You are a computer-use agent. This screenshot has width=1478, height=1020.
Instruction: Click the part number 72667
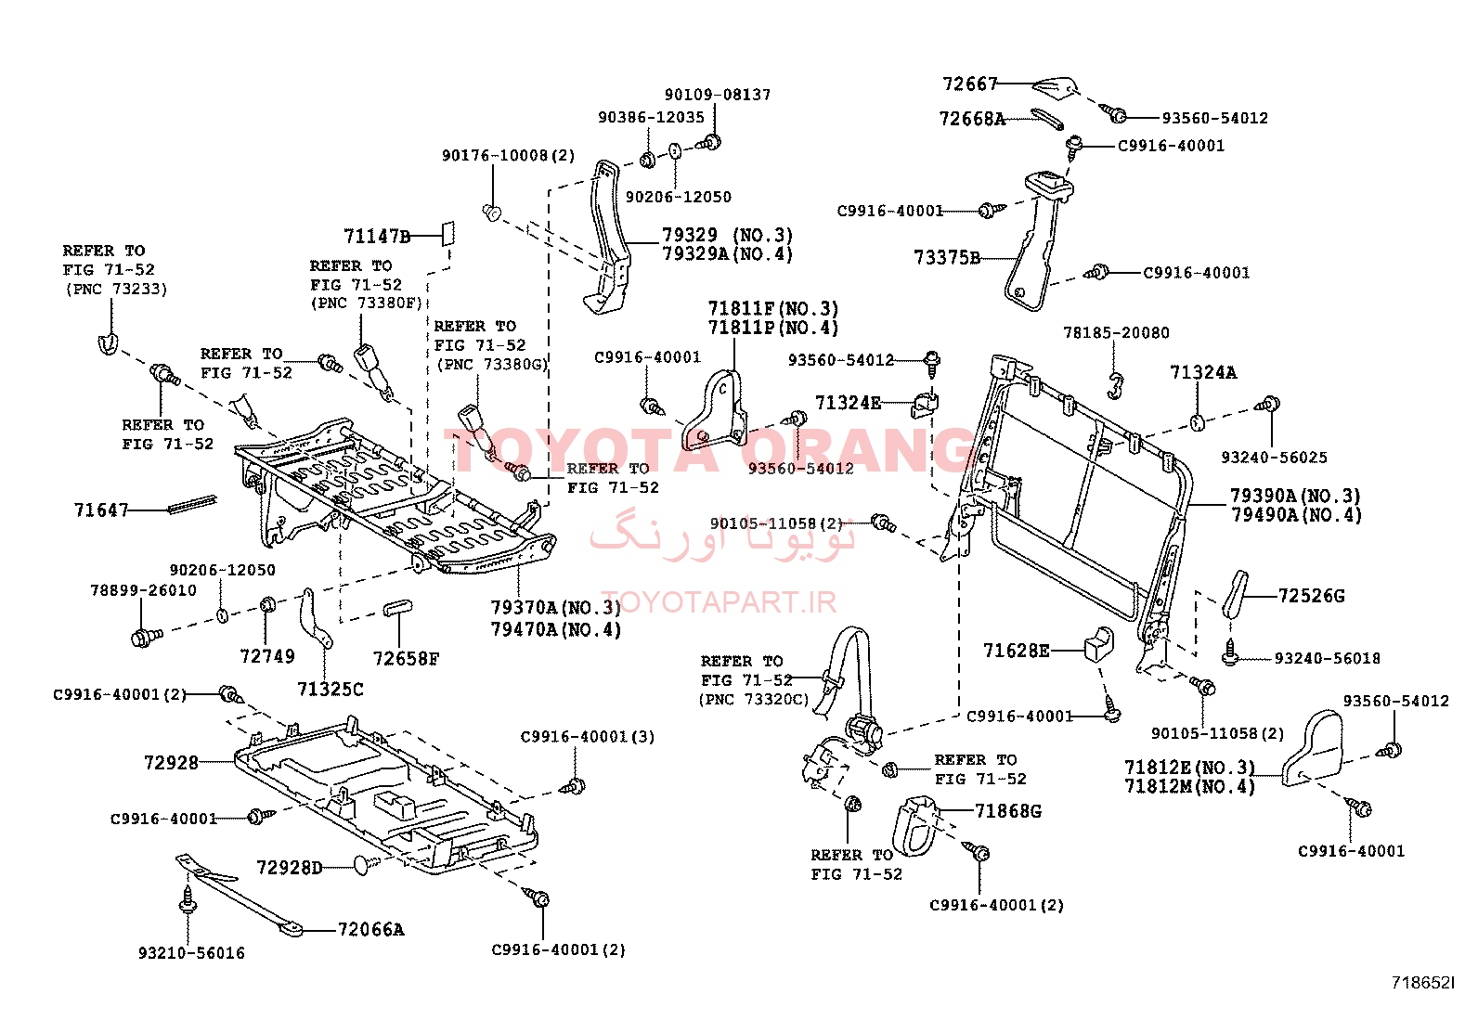(x=969, y=84)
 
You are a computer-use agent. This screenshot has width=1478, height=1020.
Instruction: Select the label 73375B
(x=946, y=258)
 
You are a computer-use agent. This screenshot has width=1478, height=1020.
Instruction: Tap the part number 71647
(x=100, y=510)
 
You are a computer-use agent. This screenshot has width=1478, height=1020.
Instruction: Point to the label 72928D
(x=289, y=869)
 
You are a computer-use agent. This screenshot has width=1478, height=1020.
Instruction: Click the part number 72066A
(x=370, y=930)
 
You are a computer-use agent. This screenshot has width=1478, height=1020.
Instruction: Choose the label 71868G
(x=1008, y=811)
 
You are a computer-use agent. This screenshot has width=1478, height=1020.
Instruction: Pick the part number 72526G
(x=1311, y=596)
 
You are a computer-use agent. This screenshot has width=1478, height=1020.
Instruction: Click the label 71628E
(x=1016, y=651)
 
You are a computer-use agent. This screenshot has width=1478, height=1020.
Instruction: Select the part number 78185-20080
(x=1116, y=333)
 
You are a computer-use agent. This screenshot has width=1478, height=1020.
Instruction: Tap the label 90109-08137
(x=717, y=95)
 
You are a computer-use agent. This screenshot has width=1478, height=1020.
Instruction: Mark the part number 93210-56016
(x=191, y=953)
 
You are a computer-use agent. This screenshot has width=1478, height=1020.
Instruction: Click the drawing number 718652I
(x=1422, y=982)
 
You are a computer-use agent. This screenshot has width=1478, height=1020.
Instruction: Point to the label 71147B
(x=376, y=237)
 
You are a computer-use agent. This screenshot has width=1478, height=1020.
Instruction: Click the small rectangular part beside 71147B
(x=447, y=230)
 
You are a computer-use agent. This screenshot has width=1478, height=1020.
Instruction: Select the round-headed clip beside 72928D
(x=365, y=866)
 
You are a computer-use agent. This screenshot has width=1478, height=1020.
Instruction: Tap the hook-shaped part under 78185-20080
(x=1117, y=383)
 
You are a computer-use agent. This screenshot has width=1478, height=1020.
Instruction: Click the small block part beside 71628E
(x=1096, y=641)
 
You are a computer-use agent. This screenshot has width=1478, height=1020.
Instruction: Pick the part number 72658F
(x=406, y=659)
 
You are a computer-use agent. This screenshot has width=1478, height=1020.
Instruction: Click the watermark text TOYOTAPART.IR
(x=718, y=602)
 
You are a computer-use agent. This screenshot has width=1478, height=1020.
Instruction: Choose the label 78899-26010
(x=143, y=590)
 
